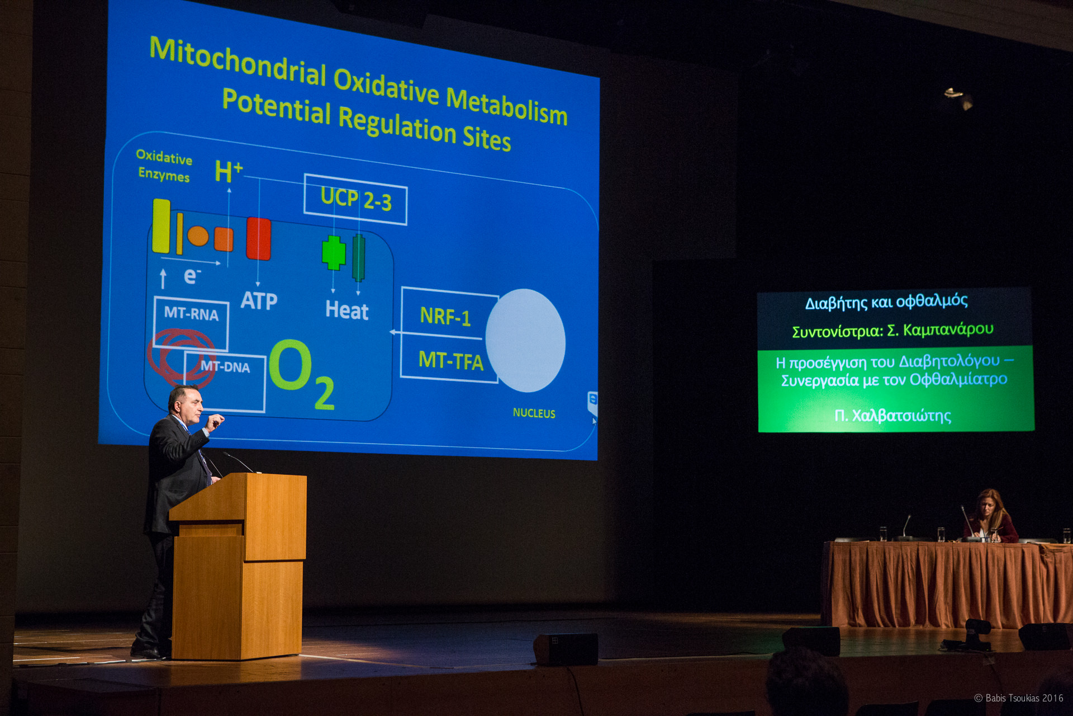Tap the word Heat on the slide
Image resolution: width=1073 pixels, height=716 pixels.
(x=347, y=310)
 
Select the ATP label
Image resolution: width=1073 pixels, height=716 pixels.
(x=259, y=301)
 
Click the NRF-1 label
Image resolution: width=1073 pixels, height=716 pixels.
(x=445, y=317)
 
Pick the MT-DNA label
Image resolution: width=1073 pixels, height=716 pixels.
(x=225, y=366)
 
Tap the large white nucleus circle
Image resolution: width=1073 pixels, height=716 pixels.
(x=525, y=340)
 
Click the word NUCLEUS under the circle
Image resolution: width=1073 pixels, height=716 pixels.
(x=534, y=413)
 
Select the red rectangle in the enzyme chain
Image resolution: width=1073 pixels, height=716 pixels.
(x=259, y=239)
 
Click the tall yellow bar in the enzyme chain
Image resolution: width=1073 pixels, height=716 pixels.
(x=161, y=225)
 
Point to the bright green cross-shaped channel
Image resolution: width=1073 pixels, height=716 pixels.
(x=334, y=253)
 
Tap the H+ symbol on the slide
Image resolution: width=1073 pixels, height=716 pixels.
(x=229, y=172)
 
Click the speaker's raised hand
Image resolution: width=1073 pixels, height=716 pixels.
(x=215, y=421)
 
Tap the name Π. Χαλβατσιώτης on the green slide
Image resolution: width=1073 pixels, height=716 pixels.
(x=892, y=416)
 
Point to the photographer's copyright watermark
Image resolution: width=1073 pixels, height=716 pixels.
(x=1019, y=698)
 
